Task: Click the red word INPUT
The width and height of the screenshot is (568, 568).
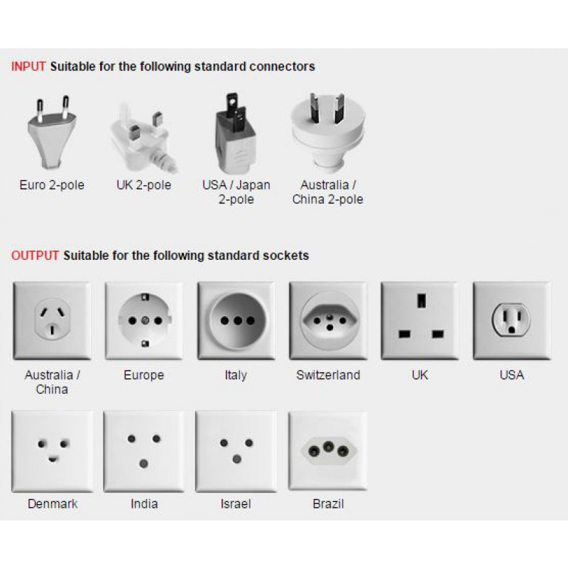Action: coord(28,67)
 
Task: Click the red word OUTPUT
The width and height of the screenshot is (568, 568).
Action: coord(35,256)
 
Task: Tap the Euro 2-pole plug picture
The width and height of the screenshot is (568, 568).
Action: coord(52,133)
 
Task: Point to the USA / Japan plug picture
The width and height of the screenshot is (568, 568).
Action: coord(236,133)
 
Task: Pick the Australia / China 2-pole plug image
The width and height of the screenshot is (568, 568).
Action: coord(328,133)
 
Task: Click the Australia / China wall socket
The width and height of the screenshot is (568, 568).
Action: coord(52,321)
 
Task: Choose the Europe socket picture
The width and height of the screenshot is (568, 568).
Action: coord(144,321)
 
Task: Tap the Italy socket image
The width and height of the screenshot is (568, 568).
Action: coord(236,321)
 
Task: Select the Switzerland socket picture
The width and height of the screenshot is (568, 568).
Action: coord(328,321)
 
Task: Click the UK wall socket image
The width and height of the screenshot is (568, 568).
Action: coord(420,321)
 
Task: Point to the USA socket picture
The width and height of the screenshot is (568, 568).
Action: coord(512,321)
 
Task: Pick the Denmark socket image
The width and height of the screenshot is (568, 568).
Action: coord(52,452)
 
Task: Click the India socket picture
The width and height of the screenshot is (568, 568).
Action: coord(144,452)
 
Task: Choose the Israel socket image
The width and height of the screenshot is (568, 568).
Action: coord(236,452)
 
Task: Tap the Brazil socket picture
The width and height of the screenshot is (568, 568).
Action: coord(328,451)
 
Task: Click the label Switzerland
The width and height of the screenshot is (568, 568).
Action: coord(328,375)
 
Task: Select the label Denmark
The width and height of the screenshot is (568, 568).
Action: coord(53,504)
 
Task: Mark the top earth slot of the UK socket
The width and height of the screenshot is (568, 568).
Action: coord(421,300)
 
